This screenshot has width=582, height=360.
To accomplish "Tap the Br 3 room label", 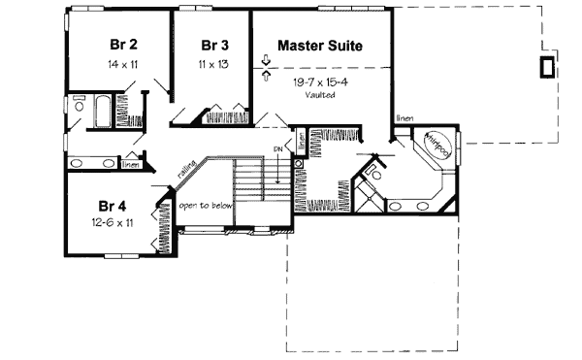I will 215,46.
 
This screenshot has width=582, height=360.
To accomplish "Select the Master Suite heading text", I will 320,46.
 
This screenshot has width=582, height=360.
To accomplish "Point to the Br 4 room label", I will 113,207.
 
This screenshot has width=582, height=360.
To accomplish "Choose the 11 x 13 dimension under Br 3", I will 215,63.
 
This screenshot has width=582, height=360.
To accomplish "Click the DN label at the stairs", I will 277,148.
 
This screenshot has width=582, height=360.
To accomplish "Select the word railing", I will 187,169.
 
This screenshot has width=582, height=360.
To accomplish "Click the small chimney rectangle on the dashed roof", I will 547,66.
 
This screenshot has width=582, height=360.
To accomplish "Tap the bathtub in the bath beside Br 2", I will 101,109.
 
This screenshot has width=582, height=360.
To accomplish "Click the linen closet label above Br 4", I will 129,164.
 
